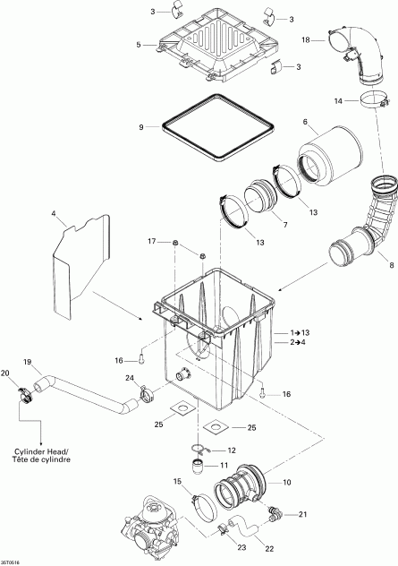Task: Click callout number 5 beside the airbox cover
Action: tap(139, 44)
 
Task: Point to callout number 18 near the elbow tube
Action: tap(305, 40)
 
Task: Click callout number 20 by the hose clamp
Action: tap(6, 373)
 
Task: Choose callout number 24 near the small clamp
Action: tap(131, 378)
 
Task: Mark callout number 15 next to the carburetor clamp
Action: tap(177, 483)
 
